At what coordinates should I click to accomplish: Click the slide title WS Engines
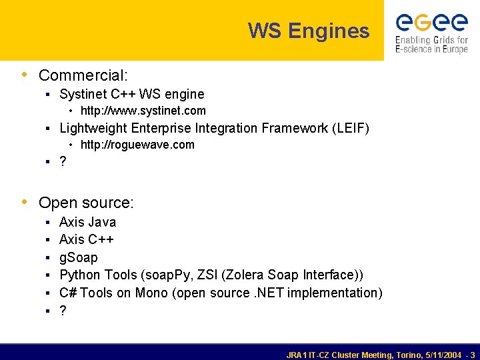309,31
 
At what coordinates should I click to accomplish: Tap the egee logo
431,23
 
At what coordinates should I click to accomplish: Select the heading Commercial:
83,75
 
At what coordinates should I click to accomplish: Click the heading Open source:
86,202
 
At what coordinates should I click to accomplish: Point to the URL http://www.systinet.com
143,111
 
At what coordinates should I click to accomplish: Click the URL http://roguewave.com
137,145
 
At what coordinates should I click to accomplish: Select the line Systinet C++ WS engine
132,94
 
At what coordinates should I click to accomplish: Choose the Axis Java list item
87,222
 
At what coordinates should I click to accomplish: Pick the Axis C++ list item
87,239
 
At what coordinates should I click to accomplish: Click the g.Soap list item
79,257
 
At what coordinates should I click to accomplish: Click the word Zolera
244,275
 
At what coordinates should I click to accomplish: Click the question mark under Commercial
63,162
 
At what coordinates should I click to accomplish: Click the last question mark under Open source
63,311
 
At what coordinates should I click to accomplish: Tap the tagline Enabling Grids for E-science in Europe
431,45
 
